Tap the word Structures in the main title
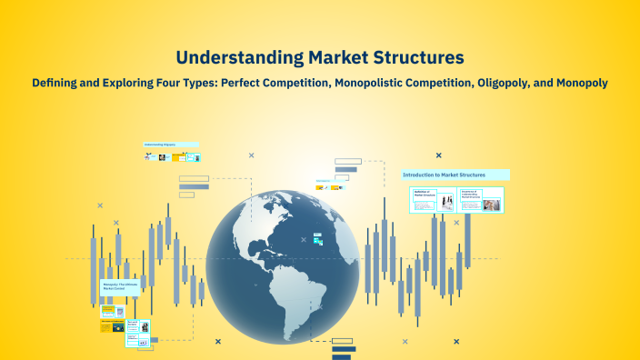[x=415, y=57]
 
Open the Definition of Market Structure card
[x=424, y=201]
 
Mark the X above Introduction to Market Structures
[x=438, y=155]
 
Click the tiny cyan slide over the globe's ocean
[x=317, y=238]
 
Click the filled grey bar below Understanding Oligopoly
[x=194, y=186]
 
